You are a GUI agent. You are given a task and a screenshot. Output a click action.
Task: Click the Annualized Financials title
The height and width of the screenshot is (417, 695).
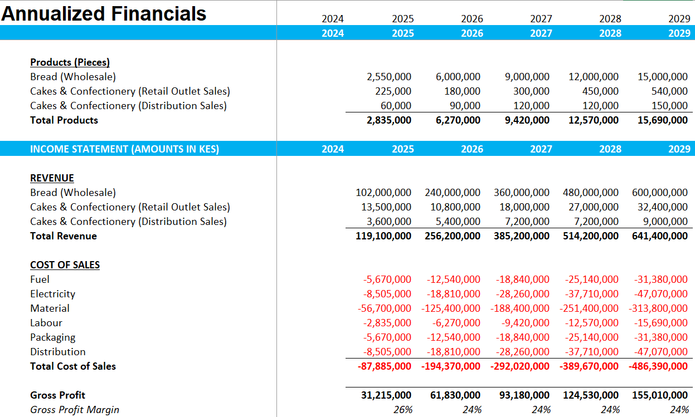pos(104,14)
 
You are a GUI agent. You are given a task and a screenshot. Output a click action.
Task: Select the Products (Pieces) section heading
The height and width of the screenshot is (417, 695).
pos(70,62)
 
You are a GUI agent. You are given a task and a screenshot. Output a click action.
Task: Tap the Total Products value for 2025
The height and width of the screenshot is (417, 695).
pos(389,120)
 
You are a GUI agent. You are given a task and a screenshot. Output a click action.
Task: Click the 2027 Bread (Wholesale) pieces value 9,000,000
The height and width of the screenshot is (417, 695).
pos(527,77)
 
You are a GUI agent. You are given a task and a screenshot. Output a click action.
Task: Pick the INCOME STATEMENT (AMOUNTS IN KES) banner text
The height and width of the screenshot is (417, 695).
pos(124,149)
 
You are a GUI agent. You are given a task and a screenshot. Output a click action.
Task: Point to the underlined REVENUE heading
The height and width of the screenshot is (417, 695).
pos(52,178)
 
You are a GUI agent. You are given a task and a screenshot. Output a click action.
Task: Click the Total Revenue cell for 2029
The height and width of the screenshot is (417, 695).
pos(660,236)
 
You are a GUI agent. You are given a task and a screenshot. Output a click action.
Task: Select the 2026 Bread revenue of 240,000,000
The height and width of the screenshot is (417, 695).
pos(453,193)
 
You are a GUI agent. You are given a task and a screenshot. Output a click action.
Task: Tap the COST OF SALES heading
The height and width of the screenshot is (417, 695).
pos(65,265)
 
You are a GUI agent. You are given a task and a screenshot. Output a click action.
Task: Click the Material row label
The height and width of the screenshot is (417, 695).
pos(50,308)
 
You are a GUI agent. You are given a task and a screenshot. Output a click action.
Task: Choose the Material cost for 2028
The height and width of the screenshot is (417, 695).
pos(589,308)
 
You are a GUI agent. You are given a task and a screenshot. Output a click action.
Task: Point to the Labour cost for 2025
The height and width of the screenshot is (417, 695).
pos(387,323)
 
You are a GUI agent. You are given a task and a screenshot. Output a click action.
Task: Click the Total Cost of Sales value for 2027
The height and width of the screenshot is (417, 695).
pos(519,366)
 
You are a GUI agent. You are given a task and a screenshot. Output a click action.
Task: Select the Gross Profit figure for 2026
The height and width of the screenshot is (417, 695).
pos(455,395)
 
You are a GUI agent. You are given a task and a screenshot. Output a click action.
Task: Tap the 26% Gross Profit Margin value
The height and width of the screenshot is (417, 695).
pos(403,410)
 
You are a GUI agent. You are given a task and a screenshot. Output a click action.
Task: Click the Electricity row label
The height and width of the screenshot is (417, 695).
pos(53,294)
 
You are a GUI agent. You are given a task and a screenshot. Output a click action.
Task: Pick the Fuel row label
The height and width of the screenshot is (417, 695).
pos(40,279)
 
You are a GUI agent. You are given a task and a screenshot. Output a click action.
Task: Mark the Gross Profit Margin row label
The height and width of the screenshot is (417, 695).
pos(75,410)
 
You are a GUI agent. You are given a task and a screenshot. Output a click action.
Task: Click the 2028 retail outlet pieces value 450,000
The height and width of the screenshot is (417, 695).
pos(600,91)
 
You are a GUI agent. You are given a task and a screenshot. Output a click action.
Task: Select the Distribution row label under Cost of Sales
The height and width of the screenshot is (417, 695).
pos(58,352)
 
